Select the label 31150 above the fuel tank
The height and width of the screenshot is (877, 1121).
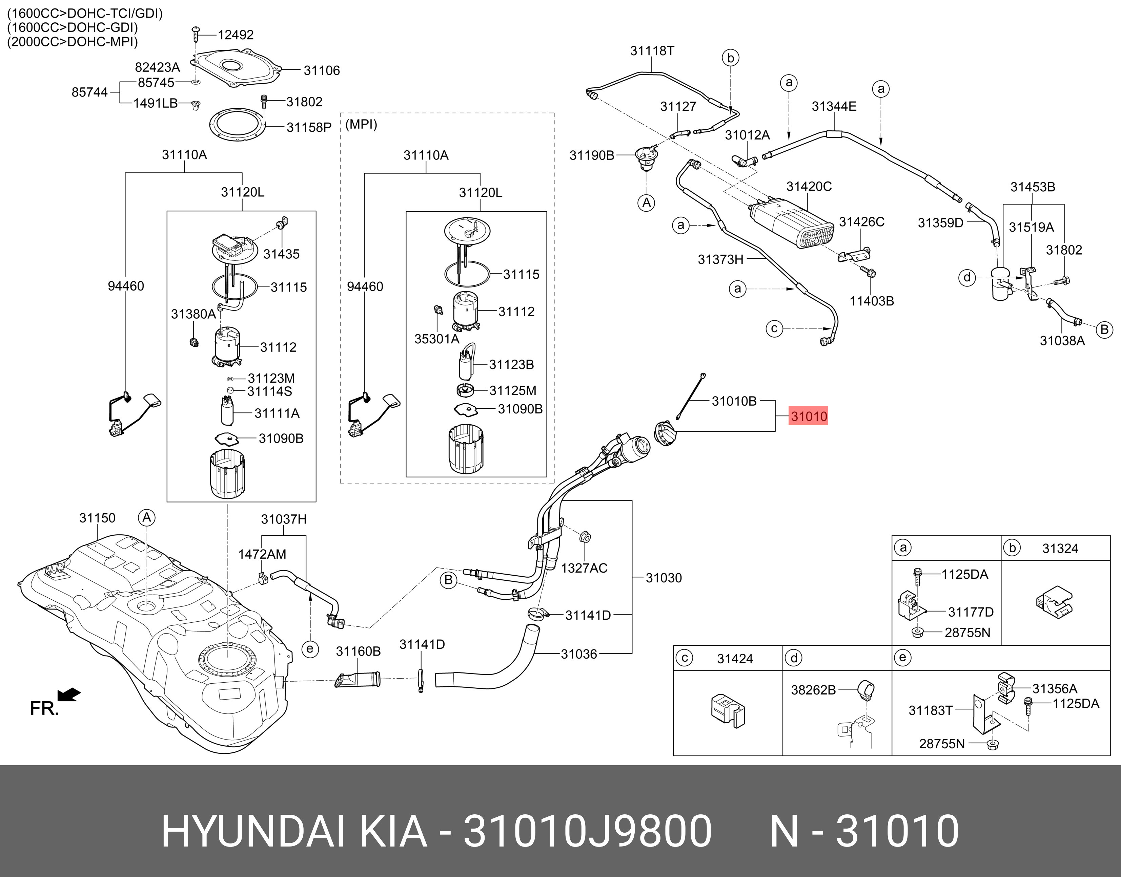pos(97,518)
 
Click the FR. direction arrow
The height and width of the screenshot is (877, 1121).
pos(68,695)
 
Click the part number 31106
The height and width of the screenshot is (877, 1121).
pos(322,70)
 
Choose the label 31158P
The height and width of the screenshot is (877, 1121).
pos(309,127)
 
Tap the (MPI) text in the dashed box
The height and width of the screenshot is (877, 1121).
pos(361,125)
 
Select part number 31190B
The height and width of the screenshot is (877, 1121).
pos(592,155)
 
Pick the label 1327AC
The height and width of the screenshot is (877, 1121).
pos(584,568)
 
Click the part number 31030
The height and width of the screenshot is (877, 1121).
pos(664,578)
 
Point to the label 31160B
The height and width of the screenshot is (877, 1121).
pos(358,651)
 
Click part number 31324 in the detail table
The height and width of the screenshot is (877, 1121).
pos(1060,549)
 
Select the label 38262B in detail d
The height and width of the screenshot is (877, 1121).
pos(813,690)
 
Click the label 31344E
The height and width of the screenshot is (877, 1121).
pos(834,106)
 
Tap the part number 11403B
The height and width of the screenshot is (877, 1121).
pos(872,301)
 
